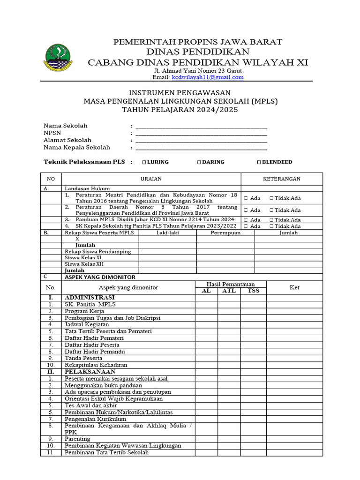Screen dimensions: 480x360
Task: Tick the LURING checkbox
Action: [x=144, y=162]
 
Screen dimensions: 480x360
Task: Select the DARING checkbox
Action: [x=199, y=162]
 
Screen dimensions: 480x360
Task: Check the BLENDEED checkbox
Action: [x=259, y=162]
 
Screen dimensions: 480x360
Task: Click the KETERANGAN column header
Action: [x=282, y=179]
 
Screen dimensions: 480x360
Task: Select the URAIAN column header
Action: [x=151, y=179]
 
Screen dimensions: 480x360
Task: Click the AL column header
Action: [x=206, y=291]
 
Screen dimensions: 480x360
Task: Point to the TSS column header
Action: [x=253, y=291]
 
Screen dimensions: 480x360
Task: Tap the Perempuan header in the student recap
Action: [x=225, y=232]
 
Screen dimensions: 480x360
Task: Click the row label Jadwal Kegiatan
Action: [x=87, y=324]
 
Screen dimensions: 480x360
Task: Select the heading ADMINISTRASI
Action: [x=90, y=298]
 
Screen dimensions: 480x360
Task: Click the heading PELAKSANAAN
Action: [x=90, y=372]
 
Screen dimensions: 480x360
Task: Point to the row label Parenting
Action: [x=77, y=439]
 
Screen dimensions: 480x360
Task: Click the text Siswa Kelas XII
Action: [x=84, y=264]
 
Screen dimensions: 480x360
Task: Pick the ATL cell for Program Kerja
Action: [x=229, y=311]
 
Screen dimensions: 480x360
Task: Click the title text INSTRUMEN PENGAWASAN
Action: [x=180, y=93]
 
